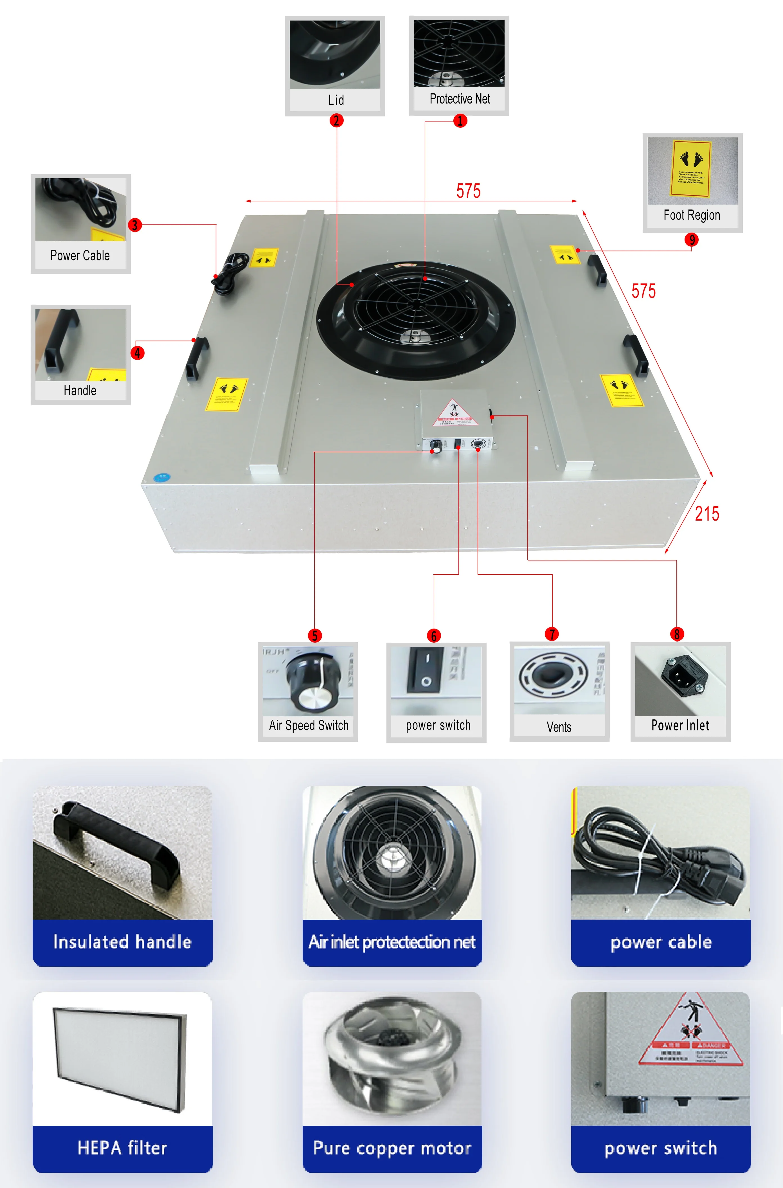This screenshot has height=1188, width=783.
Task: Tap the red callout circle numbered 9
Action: tap(692, 240)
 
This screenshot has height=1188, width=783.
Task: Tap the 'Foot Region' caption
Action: tap(692, 215)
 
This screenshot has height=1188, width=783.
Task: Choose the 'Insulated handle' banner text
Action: tap(122, 942)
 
